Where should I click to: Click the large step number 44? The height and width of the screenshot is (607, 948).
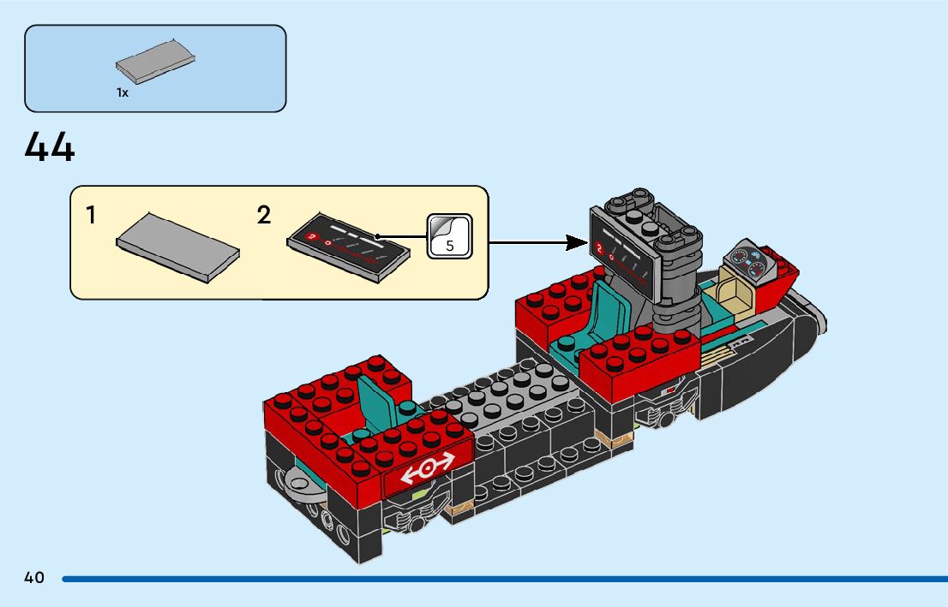pos(50,147)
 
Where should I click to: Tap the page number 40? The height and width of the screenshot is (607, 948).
pos(34,578)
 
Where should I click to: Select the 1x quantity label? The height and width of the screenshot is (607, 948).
pos(123,92)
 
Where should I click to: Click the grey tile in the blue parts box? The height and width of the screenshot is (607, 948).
pos(155,62)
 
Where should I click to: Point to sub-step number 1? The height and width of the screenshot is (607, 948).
pos(92,216)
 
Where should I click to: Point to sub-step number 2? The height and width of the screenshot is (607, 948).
pos(264,216)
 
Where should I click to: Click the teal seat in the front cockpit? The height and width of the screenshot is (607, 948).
pos(611,308)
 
